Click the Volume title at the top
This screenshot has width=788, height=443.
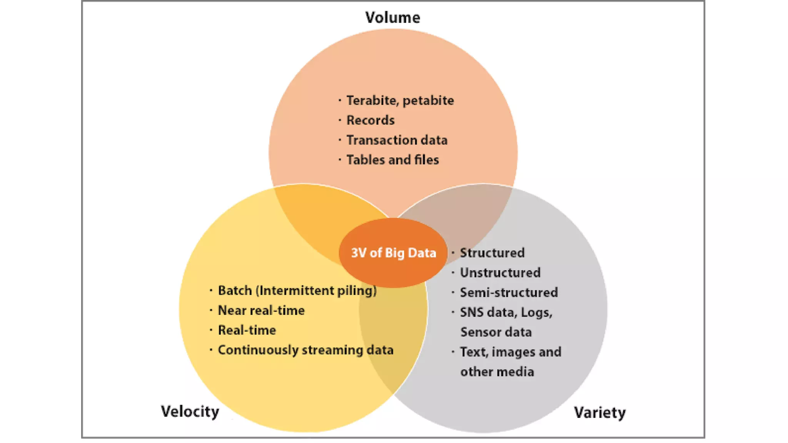coord(392,17)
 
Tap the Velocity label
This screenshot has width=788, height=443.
coord(190,411)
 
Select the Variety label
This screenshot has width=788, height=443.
coord(599,413)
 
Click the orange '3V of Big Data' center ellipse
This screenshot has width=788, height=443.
coord(393,253)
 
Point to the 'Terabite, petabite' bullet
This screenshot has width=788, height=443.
coord(400,100)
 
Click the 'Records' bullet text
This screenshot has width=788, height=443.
coord(371,120)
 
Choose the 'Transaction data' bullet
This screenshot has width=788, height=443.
coord(397,140)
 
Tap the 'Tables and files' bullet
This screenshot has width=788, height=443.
coord(392,160)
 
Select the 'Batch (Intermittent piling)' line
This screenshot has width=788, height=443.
coord(297,290)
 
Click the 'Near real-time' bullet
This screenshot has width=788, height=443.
coord(261,310)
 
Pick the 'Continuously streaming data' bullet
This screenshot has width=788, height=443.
coord(306,350)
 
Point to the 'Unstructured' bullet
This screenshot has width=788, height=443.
coord(500,273)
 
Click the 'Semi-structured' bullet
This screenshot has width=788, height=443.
coord(509,292)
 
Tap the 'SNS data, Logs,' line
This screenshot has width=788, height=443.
coord(506,312)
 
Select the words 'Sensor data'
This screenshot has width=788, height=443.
coord(496,332)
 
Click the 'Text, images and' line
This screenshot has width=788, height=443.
coord(511,352)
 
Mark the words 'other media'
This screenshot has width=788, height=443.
coord(497,372)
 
